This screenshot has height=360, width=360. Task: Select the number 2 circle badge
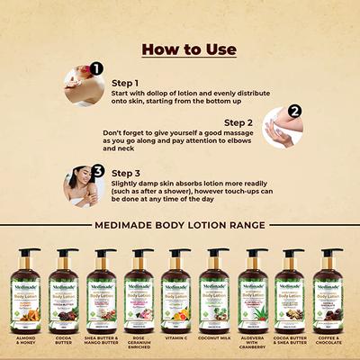[x=293, y=113]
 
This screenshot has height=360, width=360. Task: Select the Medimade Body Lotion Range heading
[x=180, y=224]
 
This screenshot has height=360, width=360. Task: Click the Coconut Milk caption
[x=219, y=338]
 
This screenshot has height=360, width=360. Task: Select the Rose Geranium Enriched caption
[x=141, y=343]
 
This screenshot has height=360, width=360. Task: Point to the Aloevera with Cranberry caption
[x=257, y=343]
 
